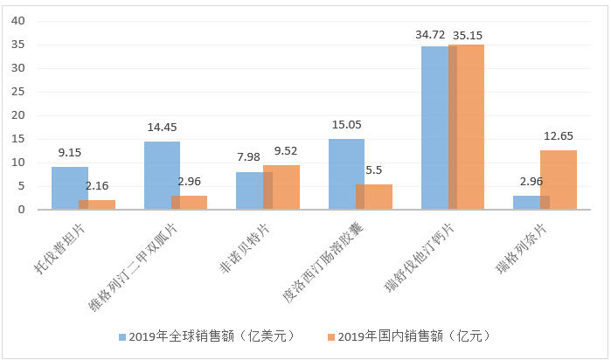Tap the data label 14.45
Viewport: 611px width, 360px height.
163,128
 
